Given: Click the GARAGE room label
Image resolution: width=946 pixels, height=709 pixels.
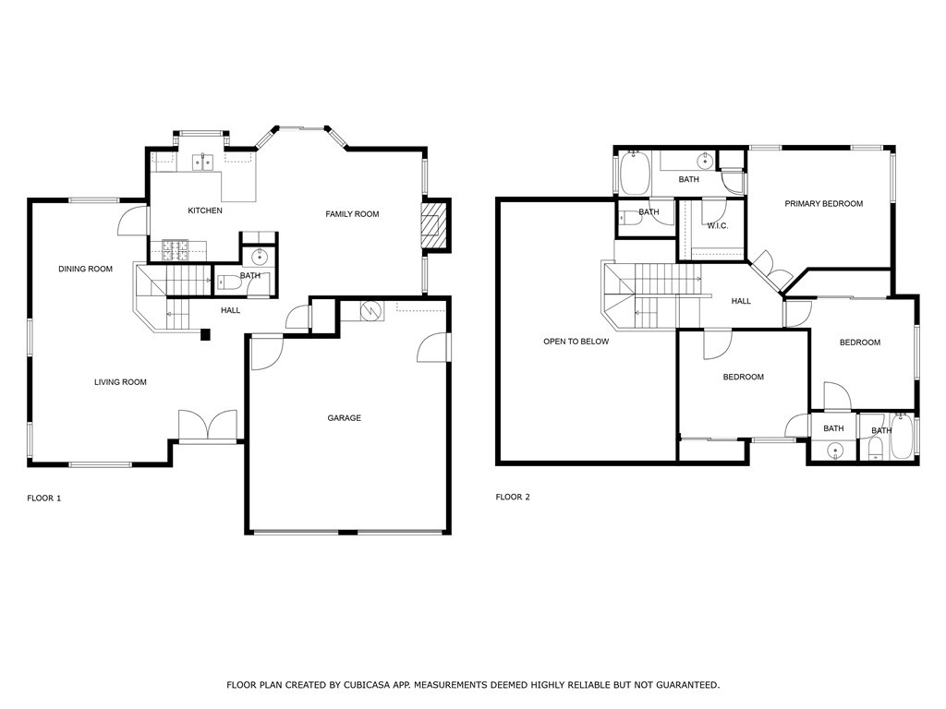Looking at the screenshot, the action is point(344,418).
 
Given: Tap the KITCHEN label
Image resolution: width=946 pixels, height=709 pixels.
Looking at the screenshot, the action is point(205,210).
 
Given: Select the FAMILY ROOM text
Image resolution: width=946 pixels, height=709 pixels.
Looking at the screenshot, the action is point(352,214).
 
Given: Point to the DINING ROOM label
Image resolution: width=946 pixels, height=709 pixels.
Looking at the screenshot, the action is point(86,269).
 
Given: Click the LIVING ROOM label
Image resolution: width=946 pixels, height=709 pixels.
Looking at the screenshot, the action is point(121,381).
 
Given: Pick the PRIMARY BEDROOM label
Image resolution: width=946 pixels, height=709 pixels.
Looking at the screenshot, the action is point(823,204).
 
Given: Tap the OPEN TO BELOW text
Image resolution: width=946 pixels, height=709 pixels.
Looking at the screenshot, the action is point(576,342).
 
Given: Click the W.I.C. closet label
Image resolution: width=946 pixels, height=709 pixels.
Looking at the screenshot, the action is point(717,225).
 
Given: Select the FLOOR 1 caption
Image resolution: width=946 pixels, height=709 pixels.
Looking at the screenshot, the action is point(44,498).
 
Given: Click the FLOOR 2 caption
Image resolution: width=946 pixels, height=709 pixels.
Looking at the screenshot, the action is point(513,497).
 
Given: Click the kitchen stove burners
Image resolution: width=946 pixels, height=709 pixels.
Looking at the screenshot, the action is point(175,251).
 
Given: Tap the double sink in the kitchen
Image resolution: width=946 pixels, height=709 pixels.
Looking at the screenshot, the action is point(202,162).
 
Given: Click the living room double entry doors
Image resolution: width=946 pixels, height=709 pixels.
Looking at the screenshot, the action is point(208,426).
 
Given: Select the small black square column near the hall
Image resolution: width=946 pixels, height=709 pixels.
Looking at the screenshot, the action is point(205,334).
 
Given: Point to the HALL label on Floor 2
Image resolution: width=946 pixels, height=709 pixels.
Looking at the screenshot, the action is point(741,301).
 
